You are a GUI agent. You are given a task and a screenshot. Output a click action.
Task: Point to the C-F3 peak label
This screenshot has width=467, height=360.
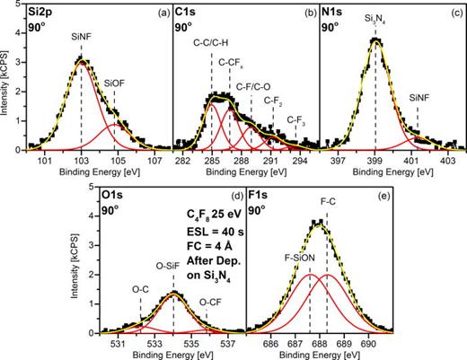pos(295,119)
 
